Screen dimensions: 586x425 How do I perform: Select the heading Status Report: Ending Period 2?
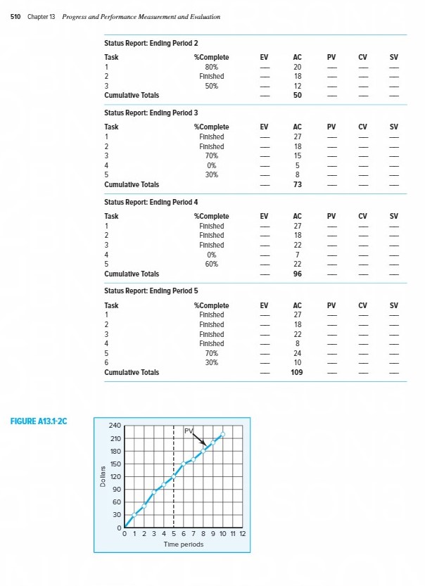click(x=151, y=43)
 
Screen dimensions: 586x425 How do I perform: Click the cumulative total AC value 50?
click(x=297, y=95)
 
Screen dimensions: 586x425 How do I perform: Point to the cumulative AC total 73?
click(x=297, y=184)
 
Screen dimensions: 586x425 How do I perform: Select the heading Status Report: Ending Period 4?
click(x=151, y=202)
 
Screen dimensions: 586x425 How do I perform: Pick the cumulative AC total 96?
click(x=297, y=274)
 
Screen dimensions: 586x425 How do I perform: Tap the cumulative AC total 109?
click(x=297, y=372)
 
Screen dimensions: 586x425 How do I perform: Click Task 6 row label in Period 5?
click(x=106, y=363)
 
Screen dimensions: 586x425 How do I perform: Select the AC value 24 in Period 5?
click(x=297, y=353)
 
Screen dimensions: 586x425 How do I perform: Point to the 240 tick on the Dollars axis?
click(x=115, y=426)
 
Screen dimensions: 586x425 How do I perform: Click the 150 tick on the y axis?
click(x=115, y=464)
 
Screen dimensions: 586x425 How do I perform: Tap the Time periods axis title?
click(x=184, y=544)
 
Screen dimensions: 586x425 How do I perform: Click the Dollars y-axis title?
click(x=103, y=477)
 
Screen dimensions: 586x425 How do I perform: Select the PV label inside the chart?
click(x=189, y=431)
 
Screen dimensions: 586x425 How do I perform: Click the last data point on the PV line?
click(x=223, y=434)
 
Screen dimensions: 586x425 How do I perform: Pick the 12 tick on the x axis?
click(x=242, y=535)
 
